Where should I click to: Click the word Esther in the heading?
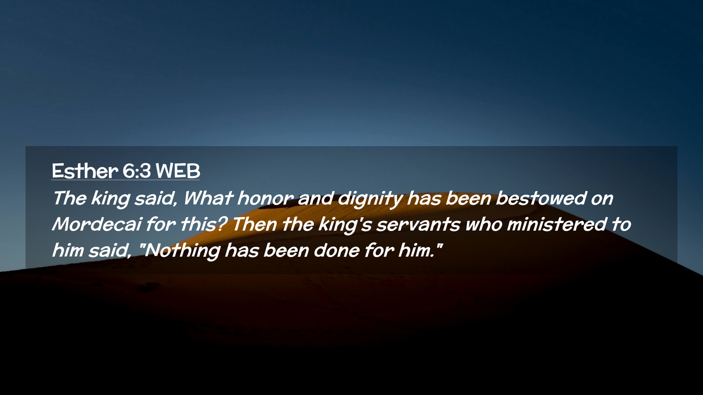[85, 171]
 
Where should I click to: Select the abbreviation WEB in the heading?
[178, 171]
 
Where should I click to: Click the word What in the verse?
[208, 198]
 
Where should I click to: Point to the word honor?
[265, 198]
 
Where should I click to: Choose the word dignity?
[370, 199]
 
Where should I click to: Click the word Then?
[254, 224]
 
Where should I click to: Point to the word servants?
[418, 224]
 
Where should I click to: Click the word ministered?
[557, 224]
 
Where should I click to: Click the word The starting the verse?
[70, 198]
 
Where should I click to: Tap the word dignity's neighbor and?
[316, 198]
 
